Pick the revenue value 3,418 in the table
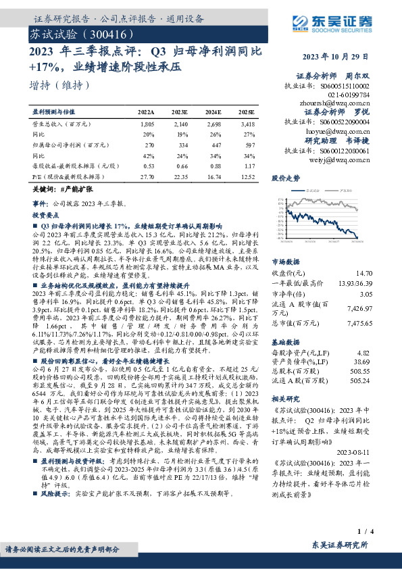tap(247, 125)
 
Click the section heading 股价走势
tap(285, 179)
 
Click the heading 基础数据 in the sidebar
tap(285, 341)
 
